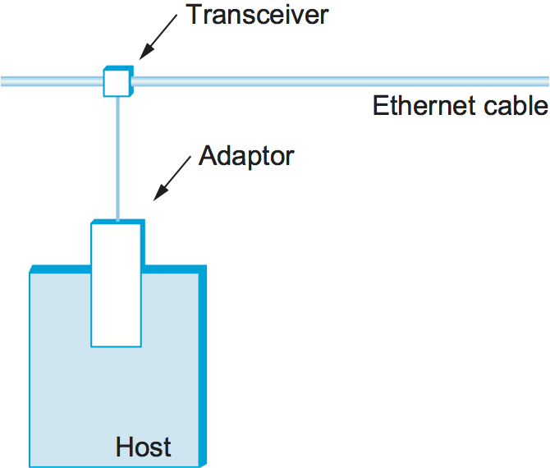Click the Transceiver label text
256,16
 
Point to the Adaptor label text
246,155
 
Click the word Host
144,447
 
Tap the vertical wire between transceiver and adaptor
118,156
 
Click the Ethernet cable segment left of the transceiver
49,81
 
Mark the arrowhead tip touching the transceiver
139,59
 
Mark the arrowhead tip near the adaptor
154,200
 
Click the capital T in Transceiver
194,16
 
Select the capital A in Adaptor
208,155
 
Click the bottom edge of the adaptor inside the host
116,346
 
